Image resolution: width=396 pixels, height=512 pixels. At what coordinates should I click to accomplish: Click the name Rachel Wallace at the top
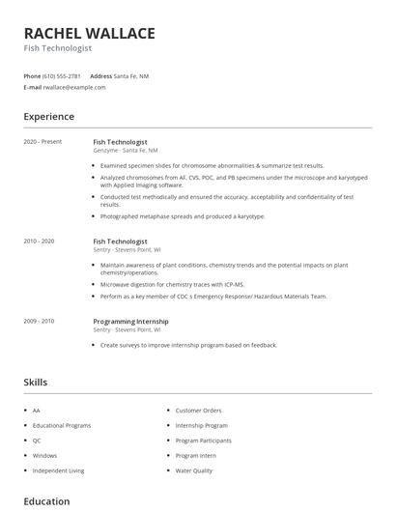pyautogui.click(x=89, y=34)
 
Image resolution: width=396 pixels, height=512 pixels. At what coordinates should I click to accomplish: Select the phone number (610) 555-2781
pyautogui.click(x=63, y=75)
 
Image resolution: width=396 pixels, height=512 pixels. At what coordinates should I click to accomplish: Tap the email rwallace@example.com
pyautogui.click(x=74, y=87)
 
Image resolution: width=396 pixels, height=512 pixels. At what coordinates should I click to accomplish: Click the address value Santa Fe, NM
pyautogui.click(x=132, y=75)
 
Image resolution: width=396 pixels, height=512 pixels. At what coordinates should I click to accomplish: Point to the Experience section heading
pyautogui.click(x=48, y=117)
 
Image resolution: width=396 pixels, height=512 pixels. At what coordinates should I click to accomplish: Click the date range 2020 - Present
pyautogui.click(x=42, y=141)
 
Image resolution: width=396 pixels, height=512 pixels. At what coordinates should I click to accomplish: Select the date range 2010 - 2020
pyautogui.click(x=39, y=241)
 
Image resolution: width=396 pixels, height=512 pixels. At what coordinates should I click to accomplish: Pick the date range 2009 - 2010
pyautogui.click(x=39, y=321)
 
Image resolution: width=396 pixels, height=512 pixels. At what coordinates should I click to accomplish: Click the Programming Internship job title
pyautogui.click(x=130, y=321)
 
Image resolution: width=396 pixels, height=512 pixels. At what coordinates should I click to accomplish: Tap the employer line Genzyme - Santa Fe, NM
pyautogui.click(x=126, y=151)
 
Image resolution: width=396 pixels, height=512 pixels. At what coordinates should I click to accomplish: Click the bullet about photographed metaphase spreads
pyautogui.click(x=182, y=216)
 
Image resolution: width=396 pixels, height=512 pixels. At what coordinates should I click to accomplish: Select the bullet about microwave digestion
pyautogui.click(x=172, y=285)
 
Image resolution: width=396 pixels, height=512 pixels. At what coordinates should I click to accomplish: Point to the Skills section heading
pyautogui.click(x=35, y=383)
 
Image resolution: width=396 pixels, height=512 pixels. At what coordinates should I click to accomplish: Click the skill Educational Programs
pyautogui.click(x=62, y=425)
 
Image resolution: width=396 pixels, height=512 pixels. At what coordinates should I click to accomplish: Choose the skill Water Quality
pyautogui.click(x=194, y=470)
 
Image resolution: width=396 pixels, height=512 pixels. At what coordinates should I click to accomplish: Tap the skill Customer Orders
pyautogui.click(x=199, y=411)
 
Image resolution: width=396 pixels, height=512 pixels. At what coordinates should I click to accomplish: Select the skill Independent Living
pyautogui.click(x=58, y=470)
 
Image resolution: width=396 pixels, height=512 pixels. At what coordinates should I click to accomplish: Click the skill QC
pyautogui.click(x=37, y=441)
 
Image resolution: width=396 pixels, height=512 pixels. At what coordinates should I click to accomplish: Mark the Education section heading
pyautogui.click(x=46, y=501)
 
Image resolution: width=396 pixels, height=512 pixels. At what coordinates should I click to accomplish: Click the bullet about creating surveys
pyautogui.click(x=188, y=345)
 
